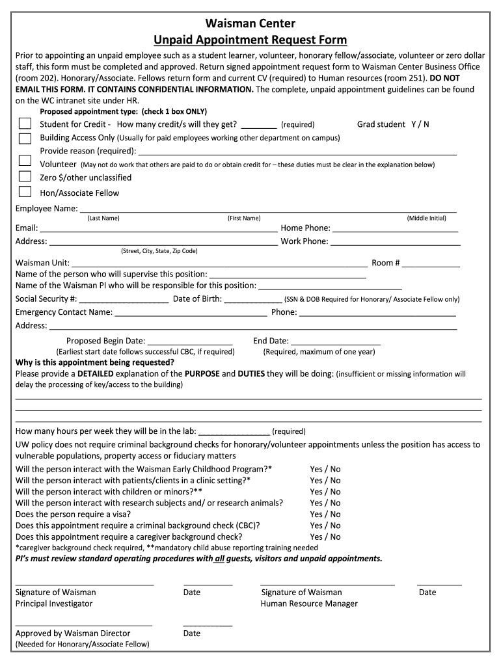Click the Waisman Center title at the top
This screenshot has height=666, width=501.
coord(250,25)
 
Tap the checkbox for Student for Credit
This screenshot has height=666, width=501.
coord(25,124)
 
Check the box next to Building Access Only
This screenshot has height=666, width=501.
coord(25,138)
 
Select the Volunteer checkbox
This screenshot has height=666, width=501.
coord(25,161)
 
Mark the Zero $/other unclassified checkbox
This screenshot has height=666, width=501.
coord(25,176)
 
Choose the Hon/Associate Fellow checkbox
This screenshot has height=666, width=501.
coord(25,191)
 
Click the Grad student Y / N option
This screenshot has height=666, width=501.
coord(393,124)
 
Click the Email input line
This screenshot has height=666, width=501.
coord(159,228)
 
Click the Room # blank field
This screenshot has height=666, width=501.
coord(431,263)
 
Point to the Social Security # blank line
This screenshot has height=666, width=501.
coord(124,300)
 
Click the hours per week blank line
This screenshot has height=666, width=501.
coord(234,431)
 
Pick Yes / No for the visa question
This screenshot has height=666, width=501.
coord(325,514)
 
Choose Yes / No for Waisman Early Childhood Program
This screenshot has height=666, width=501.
coord(325,469)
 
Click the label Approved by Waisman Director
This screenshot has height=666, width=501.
coord(73,633)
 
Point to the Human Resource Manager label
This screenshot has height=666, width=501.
coord(309,604)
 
